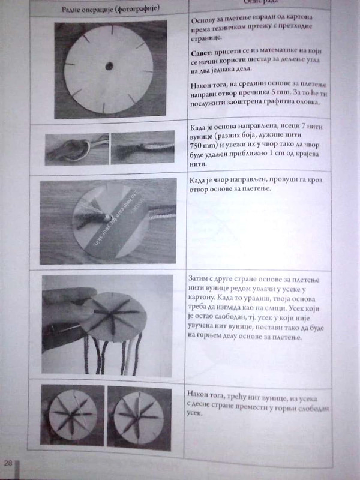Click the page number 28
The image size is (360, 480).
[8, 462]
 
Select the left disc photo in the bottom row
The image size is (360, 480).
[73, 415]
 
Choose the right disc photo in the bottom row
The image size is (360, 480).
[140, 415]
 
